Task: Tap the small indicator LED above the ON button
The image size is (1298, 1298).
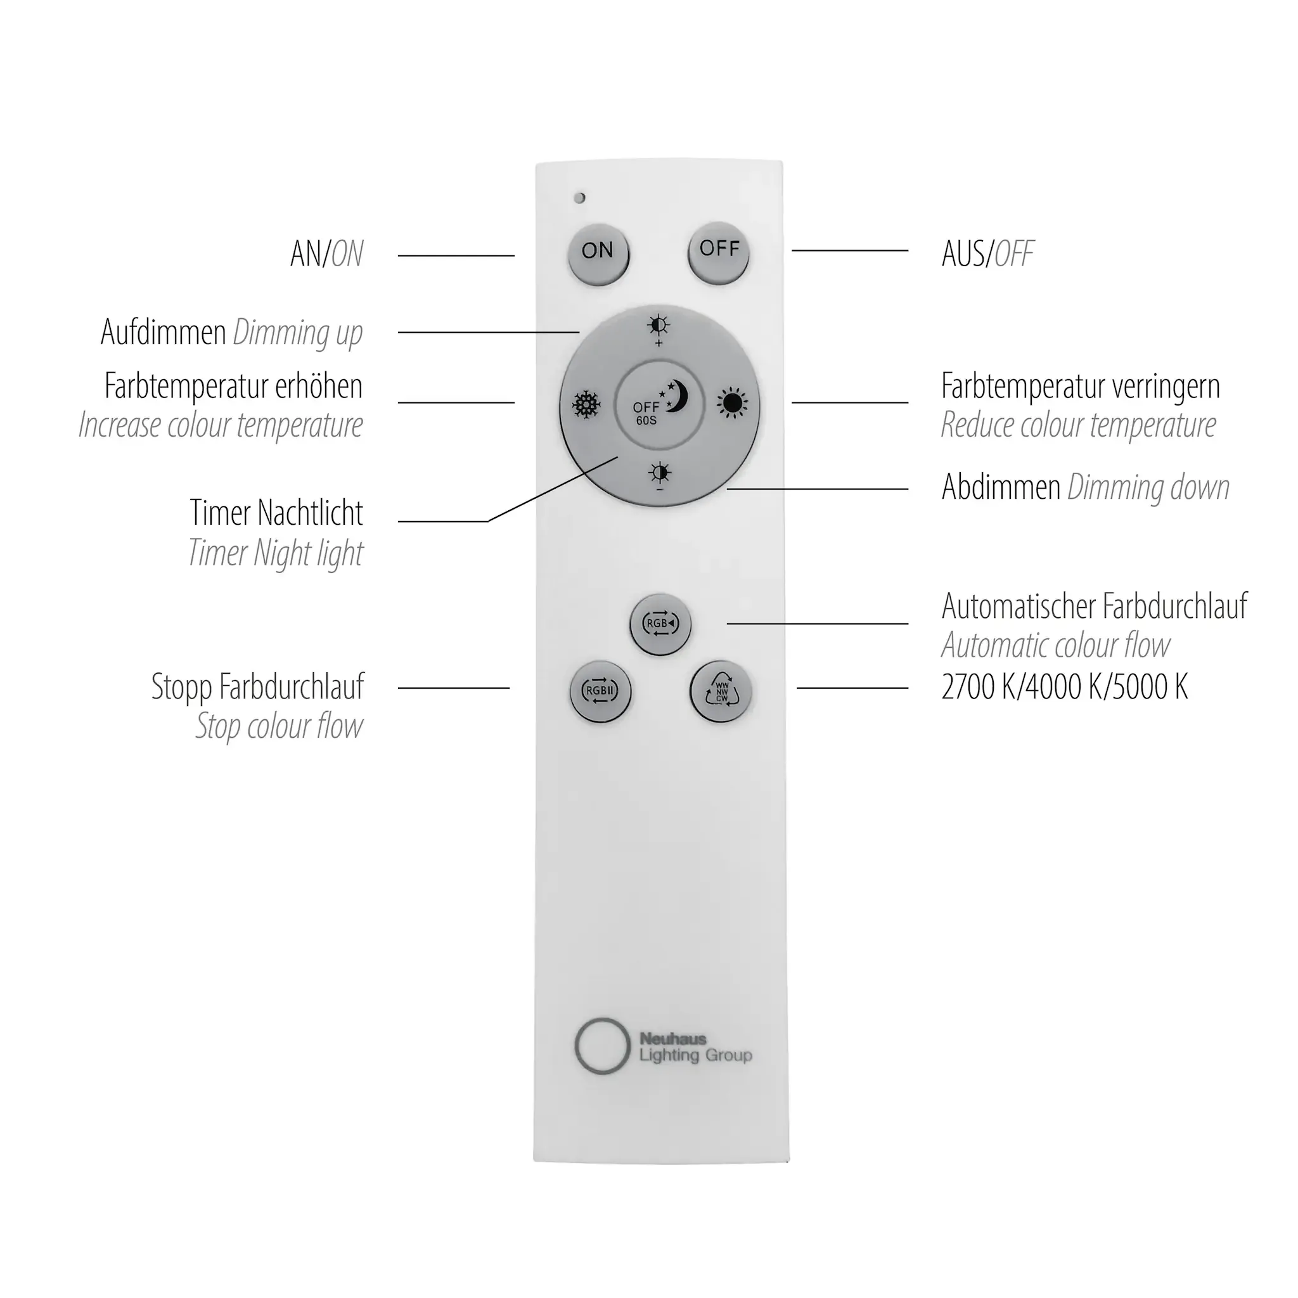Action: pyautogui.click(x=581, y=198)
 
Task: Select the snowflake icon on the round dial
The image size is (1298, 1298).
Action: pyautogui.click(x=586, y=405)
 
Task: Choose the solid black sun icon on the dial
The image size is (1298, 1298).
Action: pyautogui.click(x=731, y=403)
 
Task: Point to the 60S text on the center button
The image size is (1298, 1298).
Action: pyautogui.click(x=646, y=421)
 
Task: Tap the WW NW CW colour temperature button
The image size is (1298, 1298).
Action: pyautogui.click(x=721, y=691)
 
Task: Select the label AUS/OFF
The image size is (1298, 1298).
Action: pyautogui.click(x=987, y=254)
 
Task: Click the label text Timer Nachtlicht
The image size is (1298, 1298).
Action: pyautogui.click(x=276, y=513)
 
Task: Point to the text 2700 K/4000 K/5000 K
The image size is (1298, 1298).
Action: pyautogui.click(x=1065, y=686)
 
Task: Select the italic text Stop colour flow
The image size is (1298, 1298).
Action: pyautogui.click(x=280, y=726)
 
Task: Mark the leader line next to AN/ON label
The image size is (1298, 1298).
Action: pyautogui.click(x=456, y=255)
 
